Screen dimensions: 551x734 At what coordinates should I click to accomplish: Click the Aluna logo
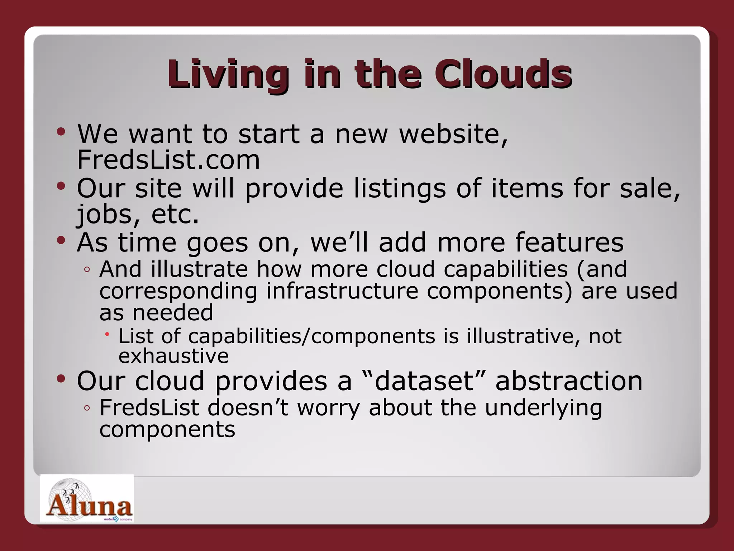(x=87, y=499)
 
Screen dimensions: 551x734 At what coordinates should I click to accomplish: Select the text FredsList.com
(x=168, y=160)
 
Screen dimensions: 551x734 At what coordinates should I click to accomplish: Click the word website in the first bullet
(x=453, y=134)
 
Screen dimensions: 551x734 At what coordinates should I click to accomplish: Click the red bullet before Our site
(x=61, y=186)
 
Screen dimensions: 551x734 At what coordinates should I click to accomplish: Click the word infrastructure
(x=342, y=291)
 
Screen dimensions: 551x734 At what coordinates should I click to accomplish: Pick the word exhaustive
(x=173, y=356)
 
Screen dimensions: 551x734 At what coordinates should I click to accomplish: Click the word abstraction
(x=569, y=381)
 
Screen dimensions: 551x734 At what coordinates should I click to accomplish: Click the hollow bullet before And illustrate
(x=87, y=269)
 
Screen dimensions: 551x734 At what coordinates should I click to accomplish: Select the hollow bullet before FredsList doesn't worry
(x=87, y=408)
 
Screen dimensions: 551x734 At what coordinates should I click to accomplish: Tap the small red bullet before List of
(x=107, y=334)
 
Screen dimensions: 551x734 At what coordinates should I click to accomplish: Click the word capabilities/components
(x=311, y=336)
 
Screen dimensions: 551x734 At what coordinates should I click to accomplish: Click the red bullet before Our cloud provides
(x=61, y=378)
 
